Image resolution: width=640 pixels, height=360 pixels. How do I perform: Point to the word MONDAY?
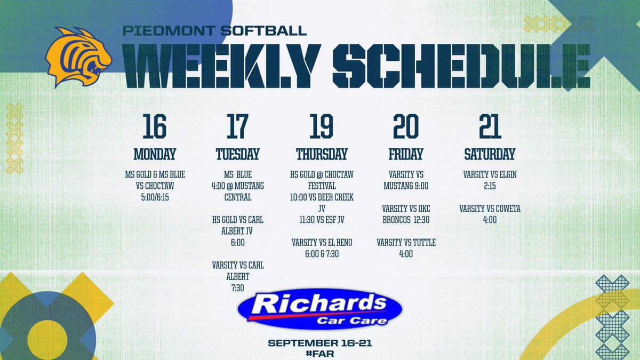[x=154, y=155]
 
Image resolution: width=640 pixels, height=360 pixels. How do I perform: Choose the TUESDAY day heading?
[x=237, y=155]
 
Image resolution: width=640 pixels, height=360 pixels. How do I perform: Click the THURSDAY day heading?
[x=322, y=155]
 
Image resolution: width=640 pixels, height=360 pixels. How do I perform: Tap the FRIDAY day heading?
[x=406, y=155]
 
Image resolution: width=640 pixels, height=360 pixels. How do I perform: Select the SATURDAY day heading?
[x=490, y=155]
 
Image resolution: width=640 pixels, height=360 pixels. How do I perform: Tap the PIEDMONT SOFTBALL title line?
[x=215, y=30]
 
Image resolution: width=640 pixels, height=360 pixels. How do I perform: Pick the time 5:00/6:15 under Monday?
[x=154, y=196]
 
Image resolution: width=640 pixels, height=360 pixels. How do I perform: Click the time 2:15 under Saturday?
[x=490, y=185]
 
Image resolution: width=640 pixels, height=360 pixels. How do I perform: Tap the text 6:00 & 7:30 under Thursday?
[x=322, y=254]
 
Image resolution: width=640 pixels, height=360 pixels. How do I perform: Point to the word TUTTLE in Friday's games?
[x=421, y=243]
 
